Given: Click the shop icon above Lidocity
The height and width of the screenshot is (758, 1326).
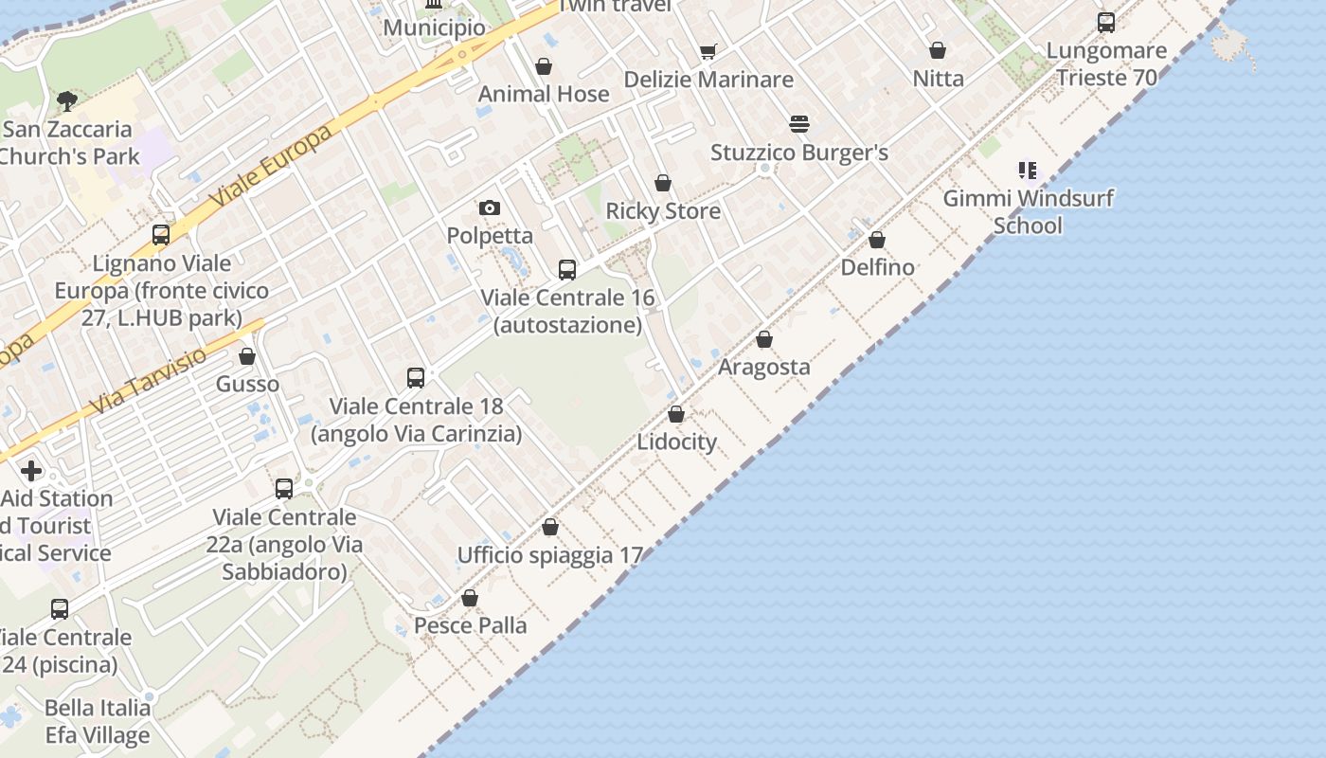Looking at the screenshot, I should (676, 414).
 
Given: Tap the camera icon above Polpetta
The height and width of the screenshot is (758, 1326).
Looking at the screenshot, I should (489, 208).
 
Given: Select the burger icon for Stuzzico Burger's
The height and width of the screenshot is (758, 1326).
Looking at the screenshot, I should (799, 124).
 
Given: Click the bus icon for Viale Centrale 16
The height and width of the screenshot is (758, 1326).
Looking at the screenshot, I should (567, 270).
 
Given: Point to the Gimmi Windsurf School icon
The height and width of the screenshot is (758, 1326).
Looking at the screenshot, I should (1028, 171).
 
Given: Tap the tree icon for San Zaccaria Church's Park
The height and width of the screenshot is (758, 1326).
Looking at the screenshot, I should (66, 100).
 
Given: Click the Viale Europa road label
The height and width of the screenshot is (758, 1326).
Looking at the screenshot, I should (272, 167).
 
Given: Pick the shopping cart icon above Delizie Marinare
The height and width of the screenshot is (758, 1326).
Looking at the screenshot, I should (708, 51).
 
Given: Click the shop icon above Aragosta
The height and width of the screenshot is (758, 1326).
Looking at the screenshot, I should (764, 339).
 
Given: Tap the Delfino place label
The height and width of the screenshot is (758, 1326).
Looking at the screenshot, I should (878, 267).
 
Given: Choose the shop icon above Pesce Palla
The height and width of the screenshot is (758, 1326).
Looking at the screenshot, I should (470, 598).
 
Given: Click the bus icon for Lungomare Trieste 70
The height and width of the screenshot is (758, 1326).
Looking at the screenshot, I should (1106, 23).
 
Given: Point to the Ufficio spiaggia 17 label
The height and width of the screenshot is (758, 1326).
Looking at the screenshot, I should (550, 555).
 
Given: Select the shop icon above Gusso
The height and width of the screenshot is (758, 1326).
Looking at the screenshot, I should (247, 356).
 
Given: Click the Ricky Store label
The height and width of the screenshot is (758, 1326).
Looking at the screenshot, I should (663, 210).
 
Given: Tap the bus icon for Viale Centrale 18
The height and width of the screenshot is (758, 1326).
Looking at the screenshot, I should (416, 378).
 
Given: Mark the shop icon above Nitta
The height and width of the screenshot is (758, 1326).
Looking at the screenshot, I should (938, 50).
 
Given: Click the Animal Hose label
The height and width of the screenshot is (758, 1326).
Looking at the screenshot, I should (544, 94).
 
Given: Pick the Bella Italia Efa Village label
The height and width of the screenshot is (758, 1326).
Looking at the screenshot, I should (98, 721).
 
